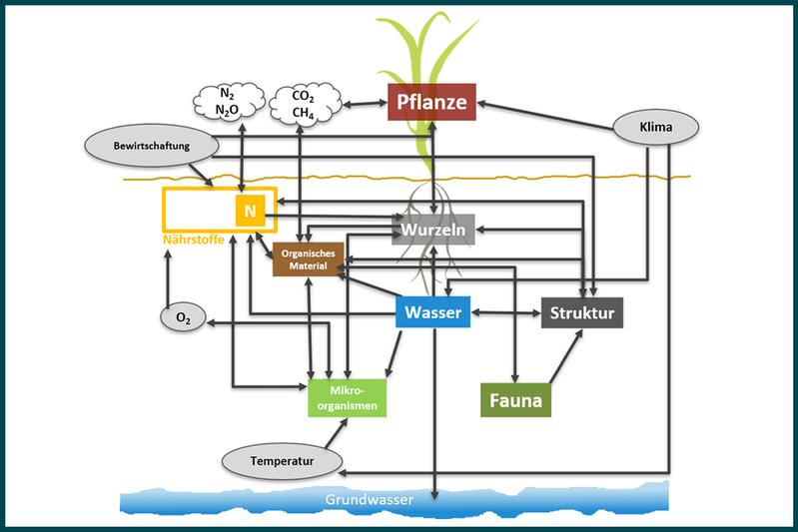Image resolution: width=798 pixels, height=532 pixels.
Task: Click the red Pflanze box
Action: coord(432,102)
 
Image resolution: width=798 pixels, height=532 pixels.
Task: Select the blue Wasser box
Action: coord(432,312)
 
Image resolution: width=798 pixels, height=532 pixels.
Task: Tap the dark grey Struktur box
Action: coord(583,312)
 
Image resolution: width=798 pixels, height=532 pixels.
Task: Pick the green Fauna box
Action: coord(515,401)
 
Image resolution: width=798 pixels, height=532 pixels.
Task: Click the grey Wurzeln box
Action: coord(434,231)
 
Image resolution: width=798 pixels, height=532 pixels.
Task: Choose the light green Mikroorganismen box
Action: coord(347,396)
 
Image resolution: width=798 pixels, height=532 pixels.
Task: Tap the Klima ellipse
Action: coord(654,127)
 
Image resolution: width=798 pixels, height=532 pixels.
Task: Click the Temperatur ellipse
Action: coord(282,461)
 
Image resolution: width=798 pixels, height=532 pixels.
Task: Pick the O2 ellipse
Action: coord(183,317)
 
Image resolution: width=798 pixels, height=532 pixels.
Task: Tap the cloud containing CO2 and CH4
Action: coord(305,103)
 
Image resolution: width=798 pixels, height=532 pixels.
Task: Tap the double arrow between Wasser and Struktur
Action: coord(505,313)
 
